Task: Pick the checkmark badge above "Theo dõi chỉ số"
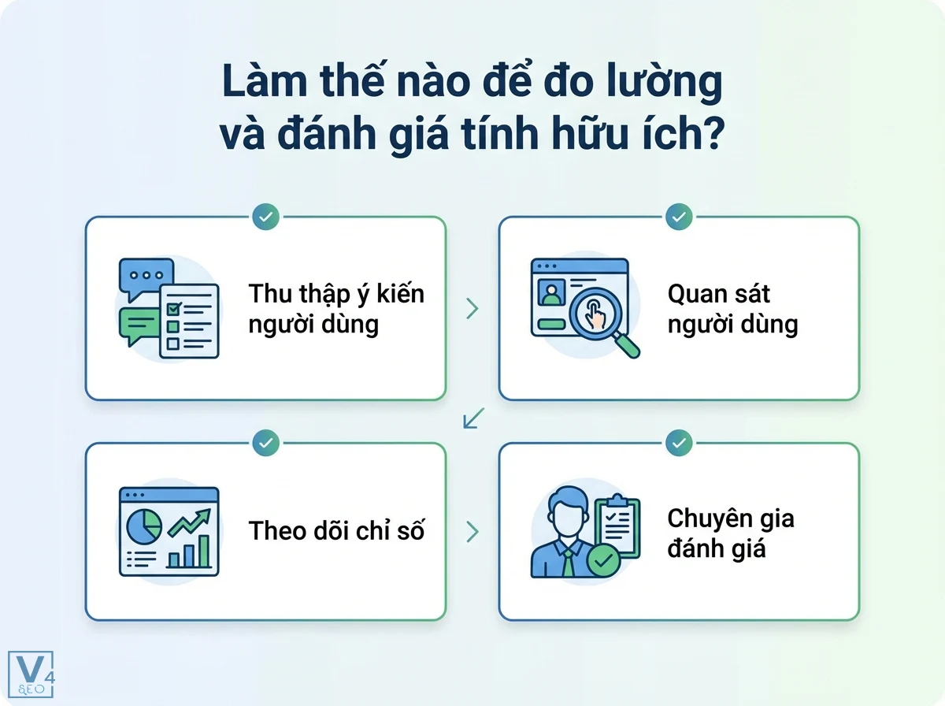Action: click(x=266, y=443)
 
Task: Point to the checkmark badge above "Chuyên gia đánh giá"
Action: click(x=679, y=443)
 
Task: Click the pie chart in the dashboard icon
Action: click(x=145, y=523)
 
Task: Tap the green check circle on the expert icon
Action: click(x=604, y=562)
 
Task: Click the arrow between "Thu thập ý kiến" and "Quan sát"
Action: click(x=472, y=309)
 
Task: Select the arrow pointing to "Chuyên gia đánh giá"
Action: click(x=472, y=532)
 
